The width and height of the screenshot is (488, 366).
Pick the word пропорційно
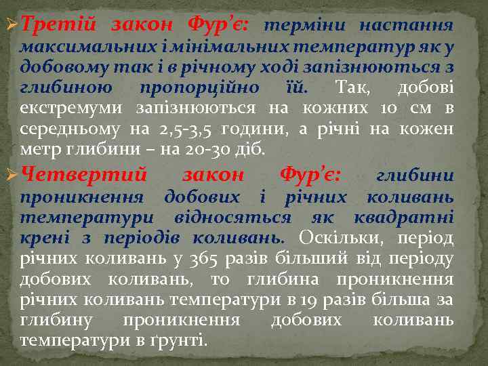click(x=199, y=88)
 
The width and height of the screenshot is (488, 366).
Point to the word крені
click(x=42, y=239)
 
